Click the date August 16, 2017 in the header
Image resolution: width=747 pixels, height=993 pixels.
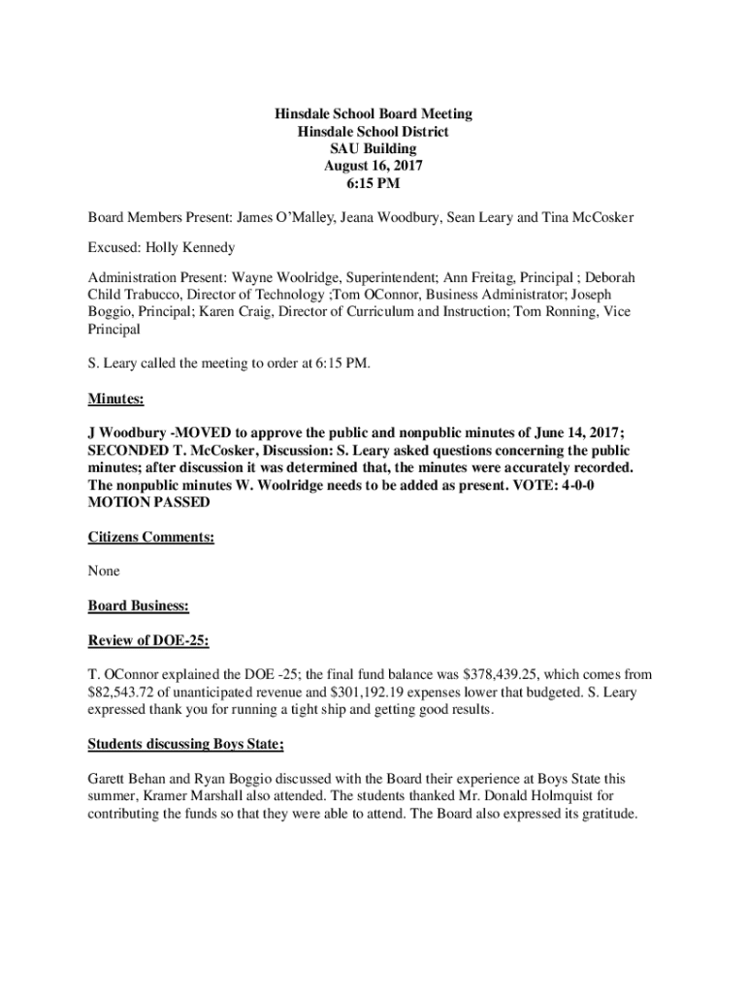(373, 166)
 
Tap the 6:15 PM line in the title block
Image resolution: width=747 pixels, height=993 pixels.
(373, 183)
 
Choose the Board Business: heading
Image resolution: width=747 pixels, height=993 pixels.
(138, 606)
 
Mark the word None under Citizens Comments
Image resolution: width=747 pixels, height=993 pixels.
(104, 571)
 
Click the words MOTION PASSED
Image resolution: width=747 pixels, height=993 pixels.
(148, 502)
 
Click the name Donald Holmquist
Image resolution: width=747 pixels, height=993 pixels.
(527, 797)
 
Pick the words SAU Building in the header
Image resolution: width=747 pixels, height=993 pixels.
(373, 148)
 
